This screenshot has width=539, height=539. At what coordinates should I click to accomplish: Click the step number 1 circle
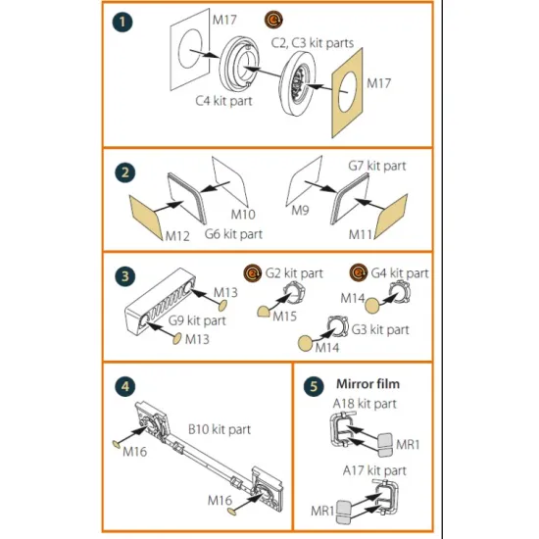tap(122, 22)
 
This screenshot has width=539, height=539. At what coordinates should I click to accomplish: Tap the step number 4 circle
tap(125, 386)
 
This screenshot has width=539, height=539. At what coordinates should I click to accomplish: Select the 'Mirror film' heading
tap(367, 384)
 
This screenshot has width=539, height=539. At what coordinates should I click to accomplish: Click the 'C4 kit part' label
tap(223, 101)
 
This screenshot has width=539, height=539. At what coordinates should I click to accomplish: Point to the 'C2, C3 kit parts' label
tap(313, 43)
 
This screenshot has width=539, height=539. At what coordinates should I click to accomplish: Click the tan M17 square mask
tap(347, 93)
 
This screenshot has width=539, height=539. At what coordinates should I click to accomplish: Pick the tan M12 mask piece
tap(145, 218)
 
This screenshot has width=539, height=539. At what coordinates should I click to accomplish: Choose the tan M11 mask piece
tap(391, 217)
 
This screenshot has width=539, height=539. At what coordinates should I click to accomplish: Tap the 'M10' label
tap(243, 215)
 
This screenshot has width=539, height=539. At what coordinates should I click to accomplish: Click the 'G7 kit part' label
tap(377, 166)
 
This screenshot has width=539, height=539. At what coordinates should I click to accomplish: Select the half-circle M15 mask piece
tap(264, 312)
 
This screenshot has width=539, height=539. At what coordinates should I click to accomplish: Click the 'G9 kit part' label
tap(197, 320)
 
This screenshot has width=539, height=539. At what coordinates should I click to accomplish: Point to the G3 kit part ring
tap(337, 326)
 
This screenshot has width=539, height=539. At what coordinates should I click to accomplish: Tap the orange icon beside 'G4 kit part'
tap(358, 273)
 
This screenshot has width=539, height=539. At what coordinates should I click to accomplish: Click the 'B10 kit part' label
tap(220, 429)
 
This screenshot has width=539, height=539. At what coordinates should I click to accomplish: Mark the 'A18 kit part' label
tap(365, 404)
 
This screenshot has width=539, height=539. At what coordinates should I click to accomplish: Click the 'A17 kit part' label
tap(374, 470)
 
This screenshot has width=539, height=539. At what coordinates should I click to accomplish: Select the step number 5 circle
tap(314, 386)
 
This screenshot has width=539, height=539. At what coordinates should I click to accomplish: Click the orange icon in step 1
tap(273, 20)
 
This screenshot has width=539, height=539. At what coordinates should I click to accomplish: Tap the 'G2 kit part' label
tap(294, 273)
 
